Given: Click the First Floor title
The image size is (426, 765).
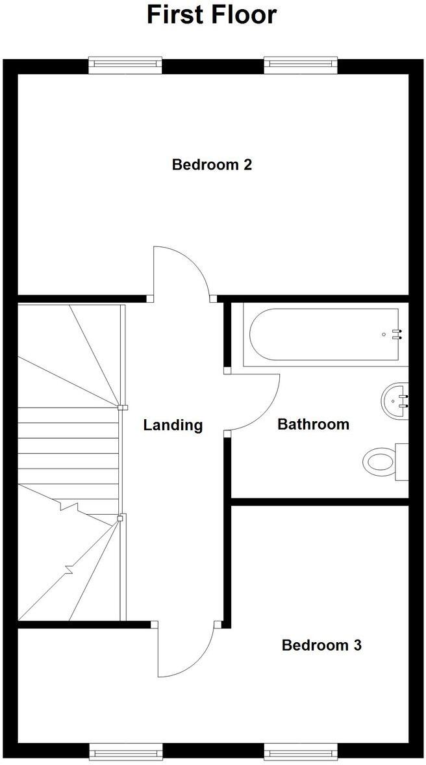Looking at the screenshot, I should (212, 15).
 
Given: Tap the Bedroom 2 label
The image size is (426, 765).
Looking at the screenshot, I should (212, 164).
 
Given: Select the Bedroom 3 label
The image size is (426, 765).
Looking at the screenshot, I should (321, 645).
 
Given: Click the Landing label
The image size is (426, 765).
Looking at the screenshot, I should (173, 425).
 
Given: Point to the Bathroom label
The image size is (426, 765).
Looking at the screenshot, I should (313, 424).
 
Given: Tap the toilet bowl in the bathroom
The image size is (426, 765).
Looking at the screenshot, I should (379, 462).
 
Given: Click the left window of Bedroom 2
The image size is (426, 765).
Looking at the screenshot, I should (125, 64).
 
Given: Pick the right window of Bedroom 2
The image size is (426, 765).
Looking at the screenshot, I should (301, 64).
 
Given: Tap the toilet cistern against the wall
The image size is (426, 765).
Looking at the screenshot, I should (402, 462).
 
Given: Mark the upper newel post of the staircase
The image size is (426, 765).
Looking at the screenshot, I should (121, 408).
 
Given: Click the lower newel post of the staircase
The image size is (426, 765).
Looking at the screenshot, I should (121, 518).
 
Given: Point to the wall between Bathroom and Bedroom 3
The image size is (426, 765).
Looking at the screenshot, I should (320, 501).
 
